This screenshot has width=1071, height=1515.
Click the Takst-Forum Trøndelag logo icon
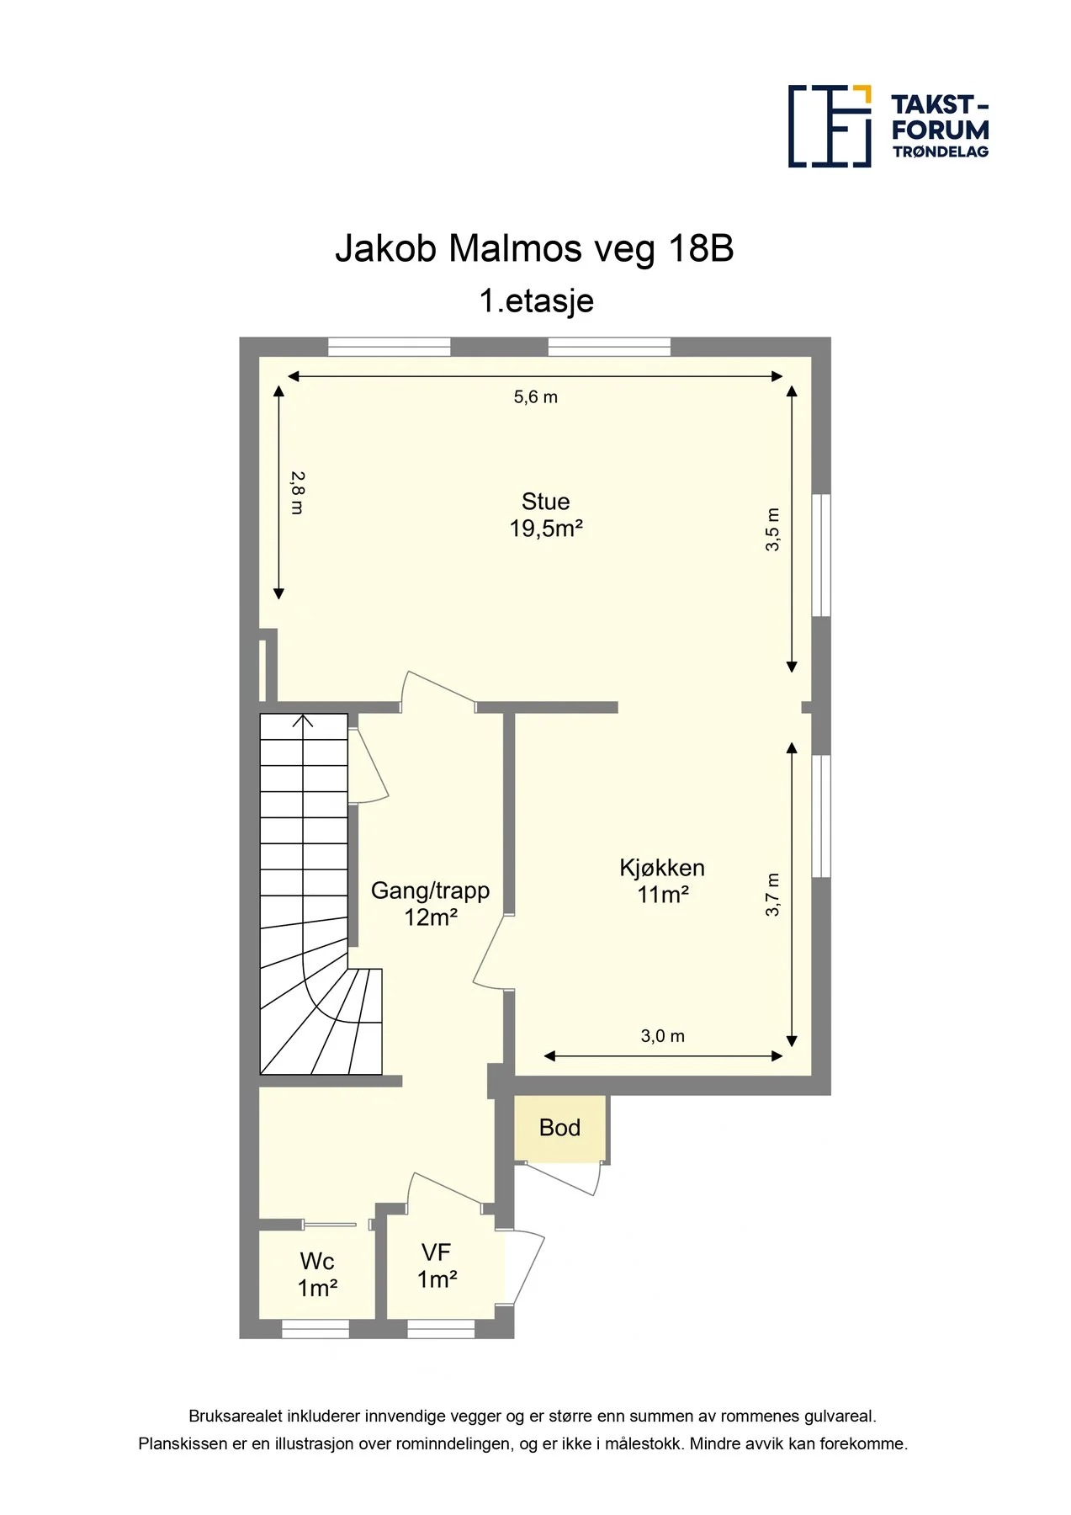coord(830,125)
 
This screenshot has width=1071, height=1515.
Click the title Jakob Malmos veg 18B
coord(534,248)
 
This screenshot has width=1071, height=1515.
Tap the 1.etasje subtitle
coord(536,300)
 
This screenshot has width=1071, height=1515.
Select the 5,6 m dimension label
coord(536,397)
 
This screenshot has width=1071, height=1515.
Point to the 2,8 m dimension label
coord(297,492)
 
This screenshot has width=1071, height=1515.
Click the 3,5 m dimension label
coord(772,529)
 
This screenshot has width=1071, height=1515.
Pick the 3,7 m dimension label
coord(772,895)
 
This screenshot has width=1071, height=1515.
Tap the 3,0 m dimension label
coord(663,1036)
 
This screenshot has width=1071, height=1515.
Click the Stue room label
coord(545,502)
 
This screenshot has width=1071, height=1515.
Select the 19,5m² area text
coord(546,529)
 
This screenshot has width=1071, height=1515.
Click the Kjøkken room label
coord(662,869)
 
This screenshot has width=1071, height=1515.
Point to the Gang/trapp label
coord(430,890)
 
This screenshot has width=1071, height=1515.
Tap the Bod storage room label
coord(559,1128)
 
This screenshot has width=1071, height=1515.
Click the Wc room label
coord(317,1262)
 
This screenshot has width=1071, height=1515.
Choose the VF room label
coord(437,1253)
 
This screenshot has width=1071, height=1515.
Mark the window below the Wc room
coord(315,1329)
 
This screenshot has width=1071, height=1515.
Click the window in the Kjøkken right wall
coord(821,816)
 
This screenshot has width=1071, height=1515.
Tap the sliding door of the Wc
coord(329,1224)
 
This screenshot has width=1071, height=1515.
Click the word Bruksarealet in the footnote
coord(236,1417)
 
